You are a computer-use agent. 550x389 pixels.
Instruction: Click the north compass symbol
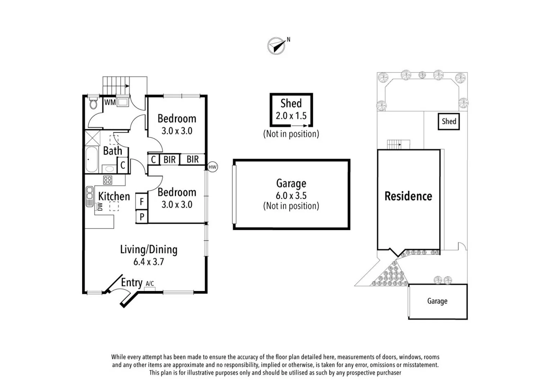[276, 46]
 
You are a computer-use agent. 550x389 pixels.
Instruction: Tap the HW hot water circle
[212, 167]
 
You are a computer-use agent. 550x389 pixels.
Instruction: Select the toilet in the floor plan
[93, 104]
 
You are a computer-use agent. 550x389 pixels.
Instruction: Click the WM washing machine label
[110, 102]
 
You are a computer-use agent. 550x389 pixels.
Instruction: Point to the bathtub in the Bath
[91, 159]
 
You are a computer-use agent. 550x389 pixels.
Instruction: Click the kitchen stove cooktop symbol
[108, 180]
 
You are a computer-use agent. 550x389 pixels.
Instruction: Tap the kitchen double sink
[90, 196]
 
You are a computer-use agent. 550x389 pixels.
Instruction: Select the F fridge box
[141, 202]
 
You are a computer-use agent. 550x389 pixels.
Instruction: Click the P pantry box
[142, 217]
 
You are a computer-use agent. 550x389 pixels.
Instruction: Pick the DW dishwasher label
[100, 206]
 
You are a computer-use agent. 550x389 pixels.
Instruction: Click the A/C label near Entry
[150, 283]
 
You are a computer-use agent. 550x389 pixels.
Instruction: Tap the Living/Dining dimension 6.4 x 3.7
[149, 262]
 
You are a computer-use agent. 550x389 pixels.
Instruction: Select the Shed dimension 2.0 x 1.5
[291, 116]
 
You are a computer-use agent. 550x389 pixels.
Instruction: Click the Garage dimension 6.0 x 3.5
[291, 196]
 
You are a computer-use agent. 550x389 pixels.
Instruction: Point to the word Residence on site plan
[408, 196]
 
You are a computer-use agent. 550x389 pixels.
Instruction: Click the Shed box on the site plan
[448, 121]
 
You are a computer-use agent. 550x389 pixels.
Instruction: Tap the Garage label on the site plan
[437, 301]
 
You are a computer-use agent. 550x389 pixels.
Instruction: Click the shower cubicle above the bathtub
[93, 138]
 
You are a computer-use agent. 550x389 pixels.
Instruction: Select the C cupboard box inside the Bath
[123, 165]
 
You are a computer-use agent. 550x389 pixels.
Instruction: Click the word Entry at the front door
[131, 282]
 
